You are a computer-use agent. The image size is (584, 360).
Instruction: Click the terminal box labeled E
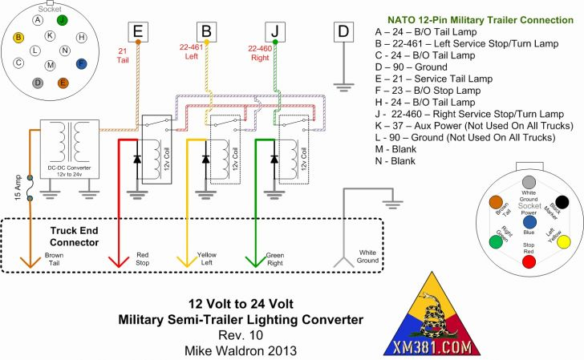(x=138, y=31)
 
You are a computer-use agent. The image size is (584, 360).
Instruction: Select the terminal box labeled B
(x=207, y=31)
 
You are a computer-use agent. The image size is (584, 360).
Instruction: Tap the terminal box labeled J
(x=275, y=31)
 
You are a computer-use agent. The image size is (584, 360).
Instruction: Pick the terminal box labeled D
(x=343, y=31)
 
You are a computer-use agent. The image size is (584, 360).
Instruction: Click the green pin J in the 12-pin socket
(x=63, y=20)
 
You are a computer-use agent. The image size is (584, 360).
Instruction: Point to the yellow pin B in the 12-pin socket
(x=18, y=37)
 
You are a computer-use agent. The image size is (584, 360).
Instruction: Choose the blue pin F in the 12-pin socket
(x=81, y=63)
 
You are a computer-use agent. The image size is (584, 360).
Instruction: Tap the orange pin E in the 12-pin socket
(x=63, y=83)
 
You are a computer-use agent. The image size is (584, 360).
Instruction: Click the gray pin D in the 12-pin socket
(x=38, y=83)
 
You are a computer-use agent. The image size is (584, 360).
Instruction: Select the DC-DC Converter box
(x=70, y=149)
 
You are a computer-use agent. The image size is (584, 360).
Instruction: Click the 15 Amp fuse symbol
(x=30, y=188)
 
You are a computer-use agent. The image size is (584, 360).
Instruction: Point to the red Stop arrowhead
(x=119, y=261)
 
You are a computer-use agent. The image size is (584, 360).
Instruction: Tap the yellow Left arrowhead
(x=187, y=261)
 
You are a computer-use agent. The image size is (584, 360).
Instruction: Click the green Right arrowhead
(x=255, y=261)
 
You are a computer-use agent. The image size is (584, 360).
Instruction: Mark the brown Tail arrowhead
(x=30, y=261)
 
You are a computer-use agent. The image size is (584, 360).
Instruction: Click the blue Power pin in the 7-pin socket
(x=529, y=222)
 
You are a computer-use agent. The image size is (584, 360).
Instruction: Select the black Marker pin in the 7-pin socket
(x=562, y=202)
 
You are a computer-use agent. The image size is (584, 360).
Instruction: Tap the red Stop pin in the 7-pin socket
(x=529, y=262)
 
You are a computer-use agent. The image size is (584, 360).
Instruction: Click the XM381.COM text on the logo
(x=432, y=348)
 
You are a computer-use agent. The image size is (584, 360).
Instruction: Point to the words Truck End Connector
(x=74, y=237)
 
